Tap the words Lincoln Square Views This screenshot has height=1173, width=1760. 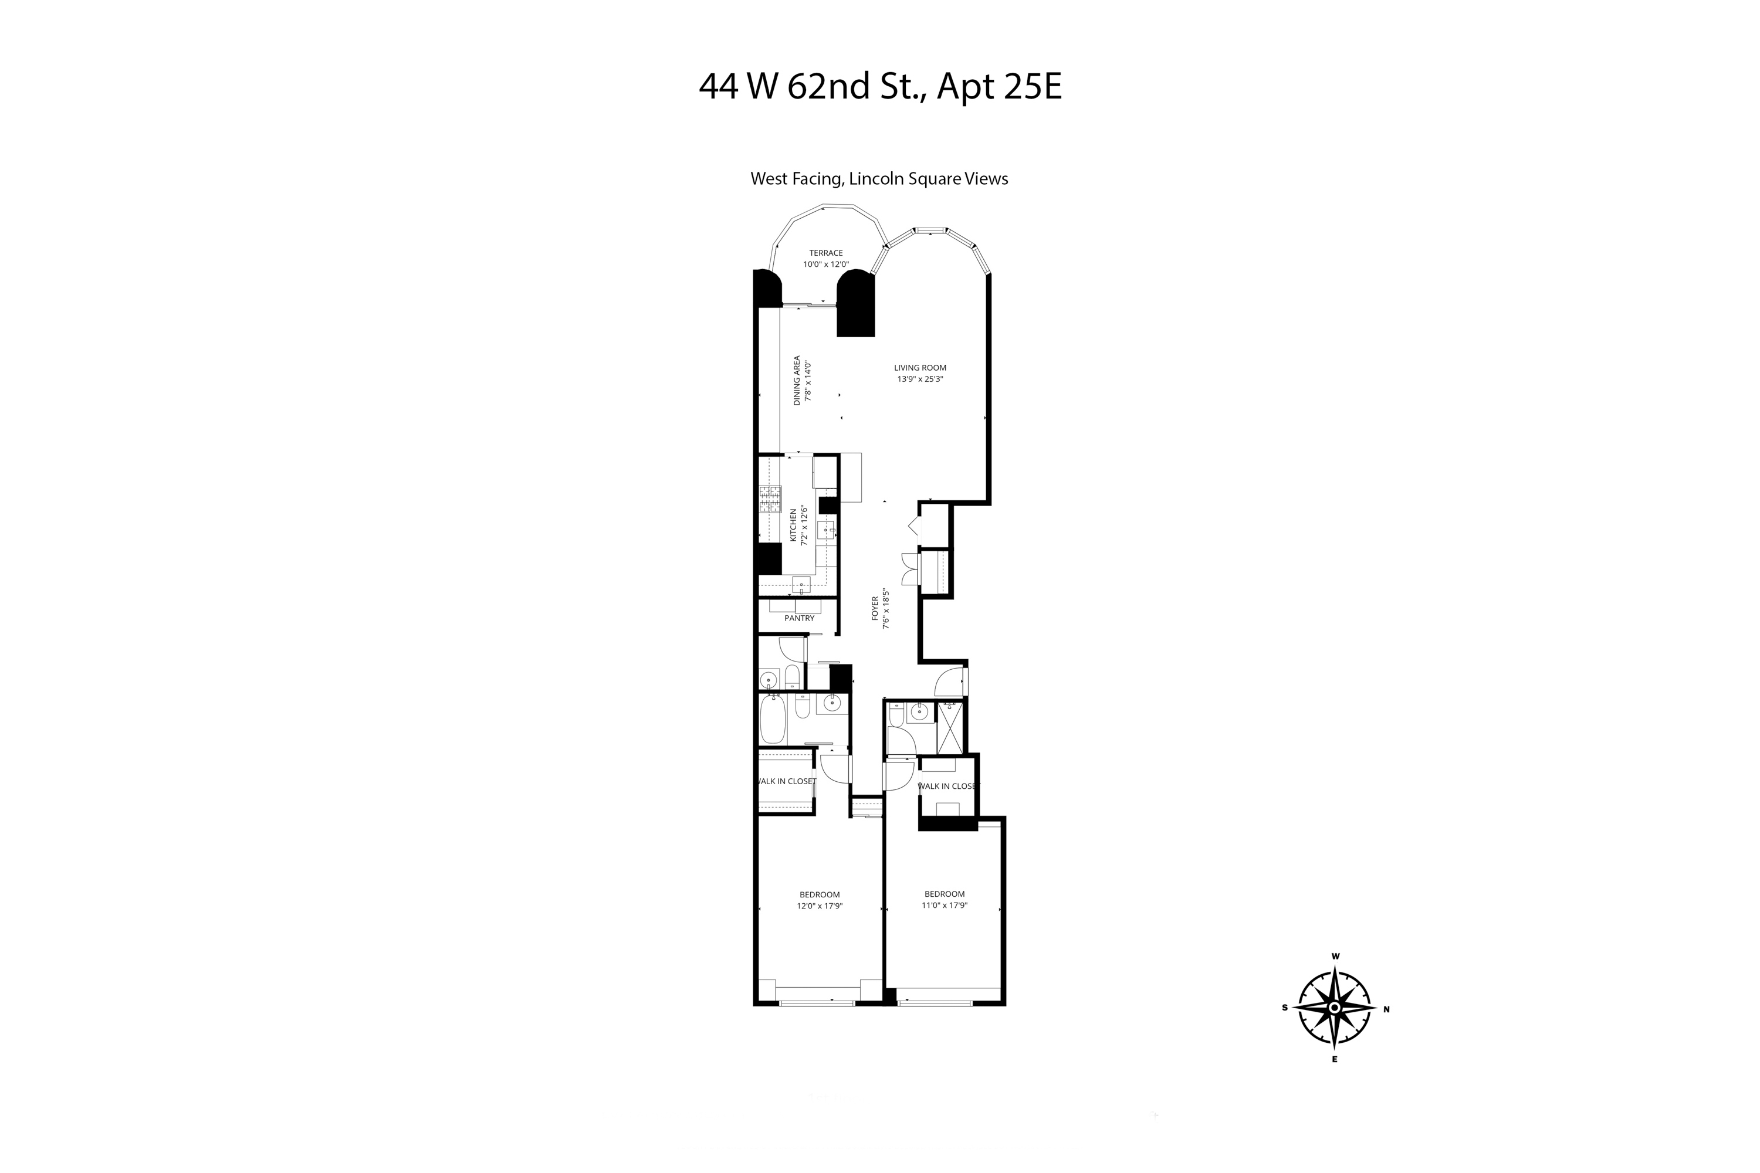point(928,179)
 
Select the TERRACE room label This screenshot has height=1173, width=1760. point(825,253)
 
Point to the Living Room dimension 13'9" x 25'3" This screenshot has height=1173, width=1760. point(920,378)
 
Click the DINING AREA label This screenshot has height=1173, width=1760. point(797,380)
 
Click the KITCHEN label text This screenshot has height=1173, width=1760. point(794,526)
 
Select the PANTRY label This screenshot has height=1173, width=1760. point(799,618)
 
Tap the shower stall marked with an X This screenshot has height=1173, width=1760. point(950,727)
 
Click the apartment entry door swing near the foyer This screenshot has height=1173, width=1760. point(949,680)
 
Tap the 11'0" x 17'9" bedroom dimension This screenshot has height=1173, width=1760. point(945,905)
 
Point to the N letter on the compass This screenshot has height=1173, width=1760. point(1386,1009)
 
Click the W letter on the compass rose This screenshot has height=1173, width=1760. point(1335,956)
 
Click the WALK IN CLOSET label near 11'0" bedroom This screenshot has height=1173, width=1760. point(947,786)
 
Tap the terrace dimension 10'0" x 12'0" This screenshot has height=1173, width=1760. point(825,264)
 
